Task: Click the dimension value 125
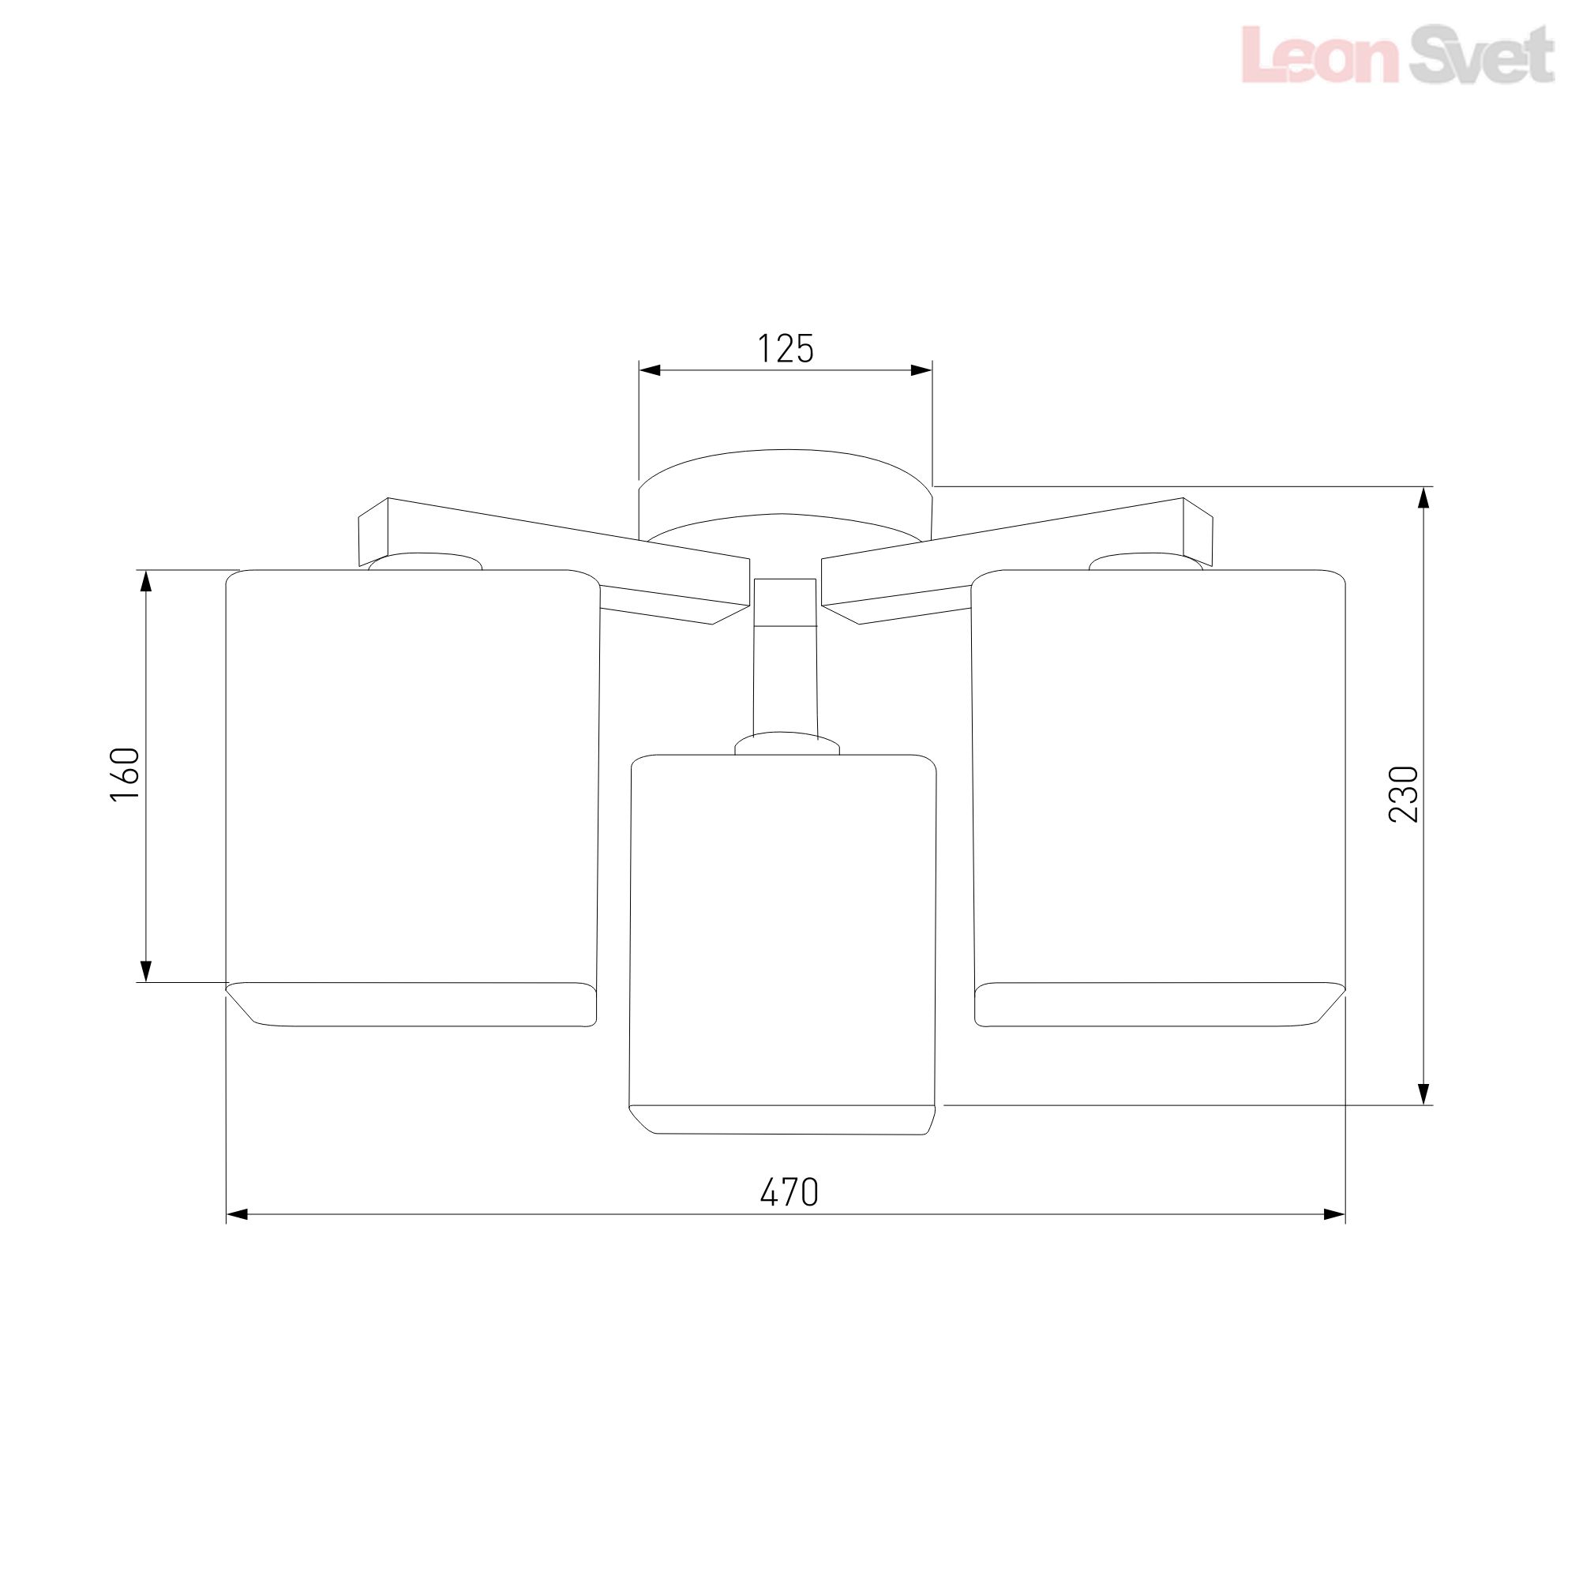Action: coord(786,349)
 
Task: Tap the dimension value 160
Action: coord(125,774)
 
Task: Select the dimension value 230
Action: coord(1404,794)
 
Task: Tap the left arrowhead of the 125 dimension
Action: coord(650,370)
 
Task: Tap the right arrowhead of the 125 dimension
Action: coord(921,370)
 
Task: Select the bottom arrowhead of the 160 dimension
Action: coord(146,971)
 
